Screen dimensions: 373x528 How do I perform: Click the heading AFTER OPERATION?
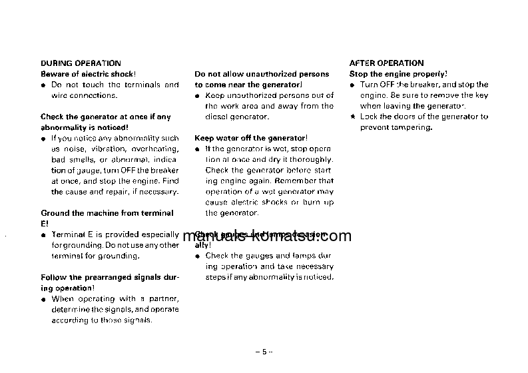pyautogui.click(x=386, y=63)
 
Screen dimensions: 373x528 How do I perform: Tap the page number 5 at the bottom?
pyautogui.click(x=264, y=351)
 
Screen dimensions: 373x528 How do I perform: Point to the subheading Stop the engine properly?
pyautogui.click(x=398, y=74)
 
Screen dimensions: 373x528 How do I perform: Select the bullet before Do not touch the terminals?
pyautogui.click(x=43, y=85)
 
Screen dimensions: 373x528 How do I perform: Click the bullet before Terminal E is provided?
pyautogui.click(x=43, y=235)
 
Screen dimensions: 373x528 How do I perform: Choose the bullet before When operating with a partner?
pyautogui.click(x=43, y=299)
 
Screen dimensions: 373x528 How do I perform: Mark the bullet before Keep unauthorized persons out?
pyautogui.click(x=198, y=96)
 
